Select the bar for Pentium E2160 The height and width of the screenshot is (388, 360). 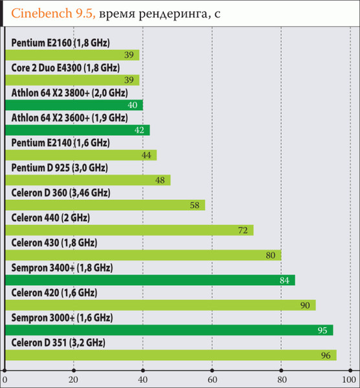[x=71, y=56]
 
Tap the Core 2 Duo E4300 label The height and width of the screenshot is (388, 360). [x=65, y=67]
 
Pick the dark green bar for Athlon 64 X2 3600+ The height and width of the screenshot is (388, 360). [x=76, y=130]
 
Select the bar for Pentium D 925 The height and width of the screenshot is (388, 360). [x=87, y=180]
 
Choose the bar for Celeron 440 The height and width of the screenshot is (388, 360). [x=128, y=230]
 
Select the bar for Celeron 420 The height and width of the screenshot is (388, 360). [x=159, y=305]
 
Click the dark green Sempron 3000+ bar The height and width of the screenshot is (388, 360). [x=168, y=330]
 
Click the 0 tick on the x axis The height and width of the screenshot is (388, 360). [x=5, y=378]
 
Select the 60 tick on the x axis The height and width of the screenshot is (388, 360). [x=212, y=378]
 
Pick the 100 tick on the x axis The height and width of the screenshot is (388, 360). [x=350, y=378]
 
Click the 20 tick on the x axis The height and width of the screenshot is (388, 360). [x=74, y=378]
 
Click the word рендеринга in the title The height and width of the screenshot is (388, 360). [x=173, y=14]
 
